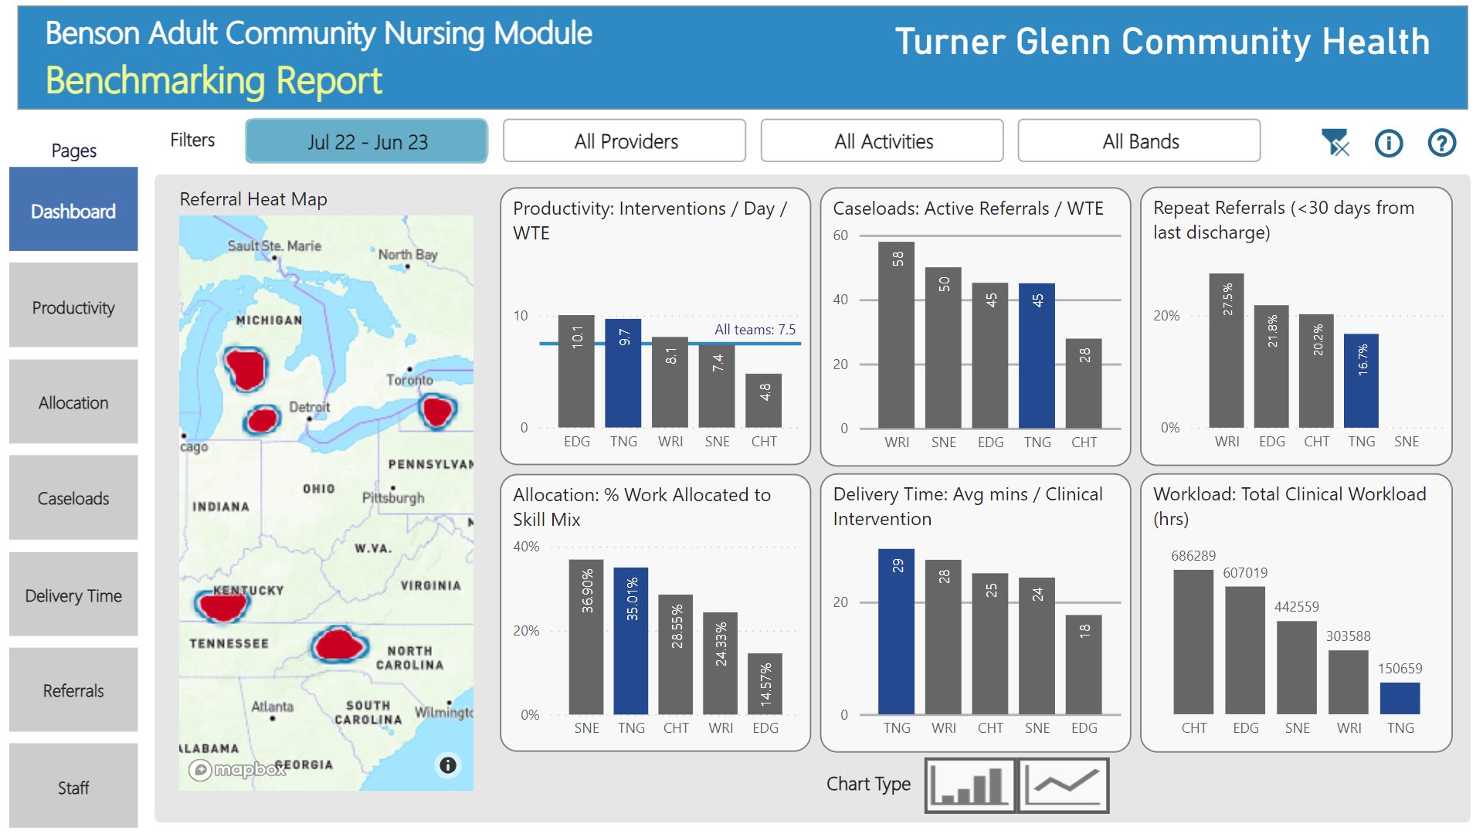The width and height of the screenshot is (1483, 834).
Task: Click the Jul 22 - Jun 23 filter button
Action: pyautogui.click(x=366, y=141)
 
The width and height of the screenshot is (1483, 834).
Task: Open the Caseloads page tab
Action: pyautogui.click(x=73, y=498)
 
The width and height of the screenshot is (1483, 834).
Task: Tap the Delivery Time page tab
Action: pyautogui.click(x=73, y=595)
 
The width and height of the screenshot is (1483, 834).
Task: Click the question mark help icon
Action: pyautogui.click(x=1441, y=143)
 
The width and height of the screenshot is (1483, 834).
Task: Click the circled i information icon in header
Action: pyautogui.click(x=1388, y=143)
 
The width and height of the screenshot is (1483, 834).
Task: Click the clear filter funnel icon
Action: pyautogui.click(x=1335, y=143)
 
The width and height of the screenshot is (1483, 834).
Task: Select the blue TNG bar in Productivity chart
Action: pyautogui.click(x=623, y=375)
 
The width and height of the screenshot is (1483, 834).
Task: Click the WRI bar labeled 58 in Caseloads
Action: pyautogui.click(x=896, y=336)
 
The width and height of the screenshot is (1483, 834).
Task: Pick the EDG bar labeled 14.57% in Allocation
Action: pyautogui.click(x=765, y=684)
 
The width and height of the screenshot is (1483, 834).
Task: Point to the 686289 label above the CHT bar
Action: pyautogui.click(x=1193, y=556)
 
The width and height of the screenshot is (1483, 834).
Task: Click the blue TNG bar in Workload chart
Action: pyautogui.click(x=1400, y=698)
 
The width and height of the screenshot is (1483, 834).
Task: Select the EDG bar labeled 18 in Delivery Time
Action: pyautogui.click(x=1084, y=664)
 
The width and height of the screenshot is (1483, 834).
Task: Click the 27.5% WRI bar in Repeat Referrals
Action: pyautogui.click(x=1227, y=351)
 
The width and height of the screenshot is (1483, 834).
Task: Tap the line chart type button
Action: pyautogui.click(x=1064, y=785)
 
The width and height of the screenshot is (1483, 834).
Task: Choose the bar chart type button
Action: pyautogui.click(x=970, y=785)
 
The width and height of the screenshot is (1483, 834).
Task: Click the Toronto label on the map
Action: pyautogui.click(x=409, y=380)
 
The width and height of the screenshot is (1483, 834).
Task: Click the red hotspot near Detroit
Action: pyautogui.click(x=262, y=420)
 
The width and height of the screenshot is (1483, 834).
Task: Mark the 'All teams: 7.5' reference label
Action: pyautogui.click(x=754, y=330)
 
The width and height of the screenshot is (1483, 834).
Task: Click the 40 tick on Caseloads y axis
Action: pyautogui.click(x=840, y=300)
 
